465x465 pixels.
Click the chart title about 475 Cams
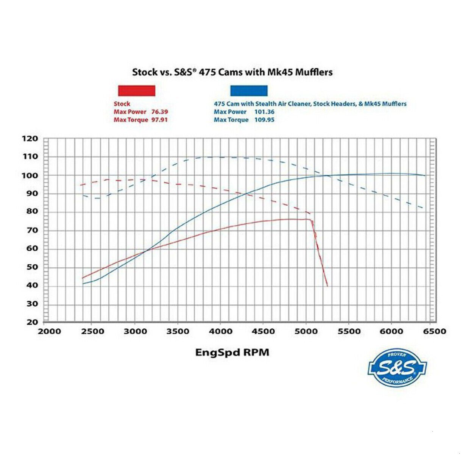232,72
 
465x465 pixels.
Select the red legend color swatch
137,91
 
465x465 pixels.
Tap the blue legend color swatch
249,91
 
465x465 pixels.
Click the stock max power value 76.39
159,112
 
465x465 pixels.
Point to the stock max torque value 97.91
159,120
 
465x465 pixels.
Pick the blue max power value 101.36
265,112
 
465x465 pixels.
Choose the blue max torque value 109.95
265,120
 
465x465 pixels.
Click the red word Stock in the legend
122,104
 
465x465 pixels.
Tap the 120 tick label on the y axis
30,139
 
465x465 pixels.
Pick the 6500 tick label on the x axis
434,332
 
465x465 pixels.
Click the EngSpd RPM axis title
232,353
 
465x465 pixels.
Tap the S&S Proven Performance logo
397,368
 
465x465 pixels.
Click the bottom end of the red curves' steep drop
327,286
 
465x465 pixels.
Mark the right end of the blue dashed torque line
423,208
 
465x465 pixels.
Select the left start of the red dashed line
80,185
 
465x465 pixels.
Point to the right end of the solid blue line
424,175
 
